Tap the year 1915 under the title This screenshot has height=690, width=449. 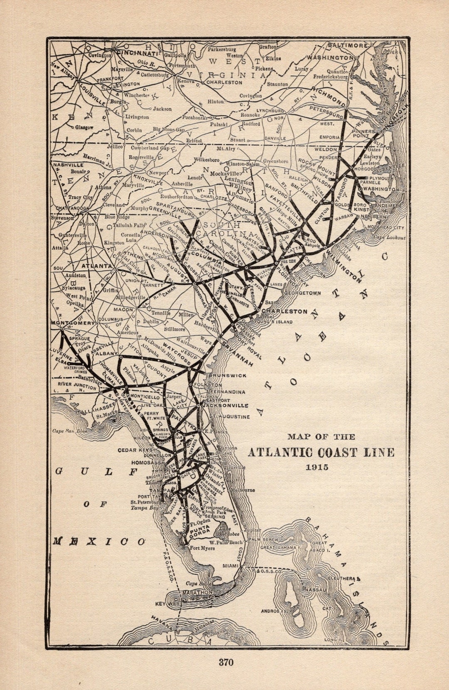click(x=317, y=467)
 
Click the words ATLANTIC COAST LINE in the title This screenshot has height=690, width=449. click(x=321, y=452)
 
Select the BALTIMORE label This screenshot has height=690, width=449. click(x=348, y=45)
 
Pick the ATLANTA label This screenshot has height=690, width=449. click(x=96, y=265)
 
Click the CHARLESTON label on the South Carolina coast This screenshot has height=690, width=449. click(x=285, y=311)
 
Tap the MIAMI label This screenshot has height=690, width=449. click(x=230, y=566)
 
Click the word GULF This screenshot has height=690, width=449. click(x=96, y=471)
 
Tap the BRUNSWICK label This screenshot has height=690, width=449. click(x=228, y=375)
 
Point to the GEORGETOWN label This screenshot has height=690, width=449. click(x=303, y=293)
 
